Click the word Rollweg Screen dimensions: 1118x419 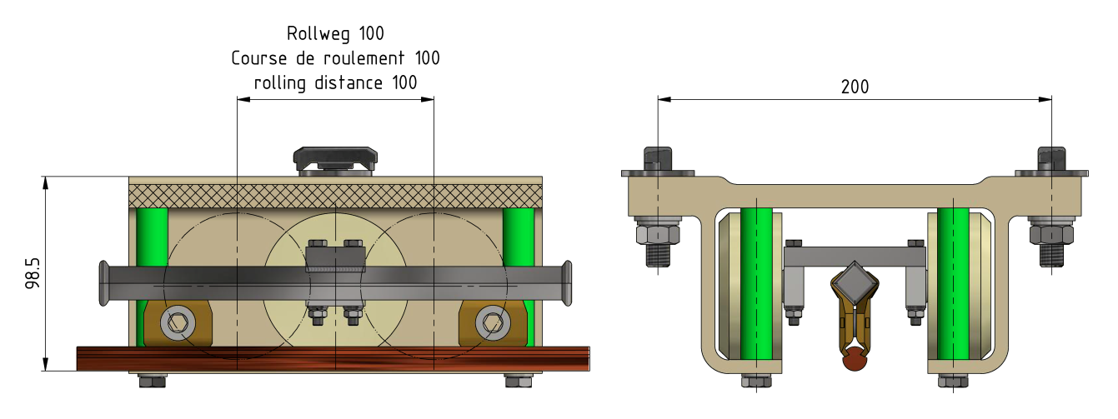[x=318, y=34]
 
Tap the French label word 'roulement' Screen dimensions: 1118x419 [x=363, y=58]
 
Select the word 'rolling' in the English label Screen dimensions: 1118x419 [x=279, y=82]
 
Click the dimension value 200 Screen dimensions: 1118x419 [x=855, y=87]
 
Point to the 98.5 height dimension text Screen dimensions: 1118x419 [x=33, y=273]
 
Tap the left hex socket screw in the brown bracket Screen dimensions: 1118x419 [x=178, y=323]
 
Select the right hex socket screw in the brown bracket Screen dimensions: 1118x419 [x=493, y=323]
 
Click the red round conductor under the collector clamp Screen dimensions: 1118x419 [x=855, y=359]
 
